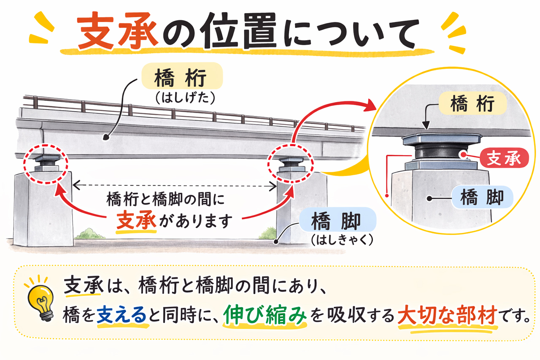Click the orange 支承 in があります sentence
pyautogui.click(x=137, y=219)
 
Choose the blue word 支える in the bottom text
pyautogui.click(x=122, y=316)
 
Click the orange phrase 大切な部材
pyautogui.click(x=446, y=316)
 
